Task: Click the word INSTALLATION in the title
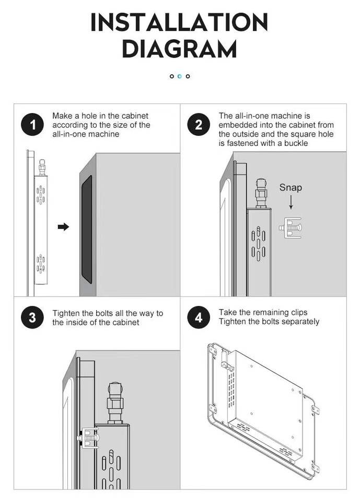pyautogui.click(x=179, y=22)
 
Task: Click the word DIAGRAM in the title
pyautogui.click(x=179, y=49)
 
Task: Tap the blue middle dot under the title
pyautogui.click(x=180, y=76)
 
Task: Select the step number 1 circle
pyautogui.click(x=32, y=124)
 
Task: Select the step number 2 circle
pyautogui.click(x=199, y=124)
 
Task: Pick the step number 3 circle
pyautogui.click(x=32, y=317)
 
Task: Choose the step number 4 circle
pyautogui.click(x=199, y=317)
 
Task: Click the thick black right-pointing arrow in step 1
pyautogui.click(x=63, y=227)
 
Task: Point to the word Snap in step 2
pyautogui.click(x=291, y=187)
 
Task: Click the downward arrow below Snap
pyautogui.click(x=291, y=202)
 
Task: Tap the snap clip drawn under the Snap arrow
pyautogui.click(x=290, y=227)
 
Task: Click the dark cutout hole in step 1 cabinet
pyautogui.click(x=87, y=229)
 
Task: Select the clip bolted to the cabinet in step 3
pyautogui.click(x=88, y=437)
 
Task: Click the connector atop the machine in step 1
pyautogui.click(x=42, y=167)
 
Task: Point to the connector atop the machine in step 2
pyautogui.click(x=261, y=193)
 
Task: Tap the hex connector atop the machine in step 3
pyautogui.click(x=115, y=403)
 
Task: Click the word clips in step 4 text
pyautogui.click(x=299, y=313)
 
